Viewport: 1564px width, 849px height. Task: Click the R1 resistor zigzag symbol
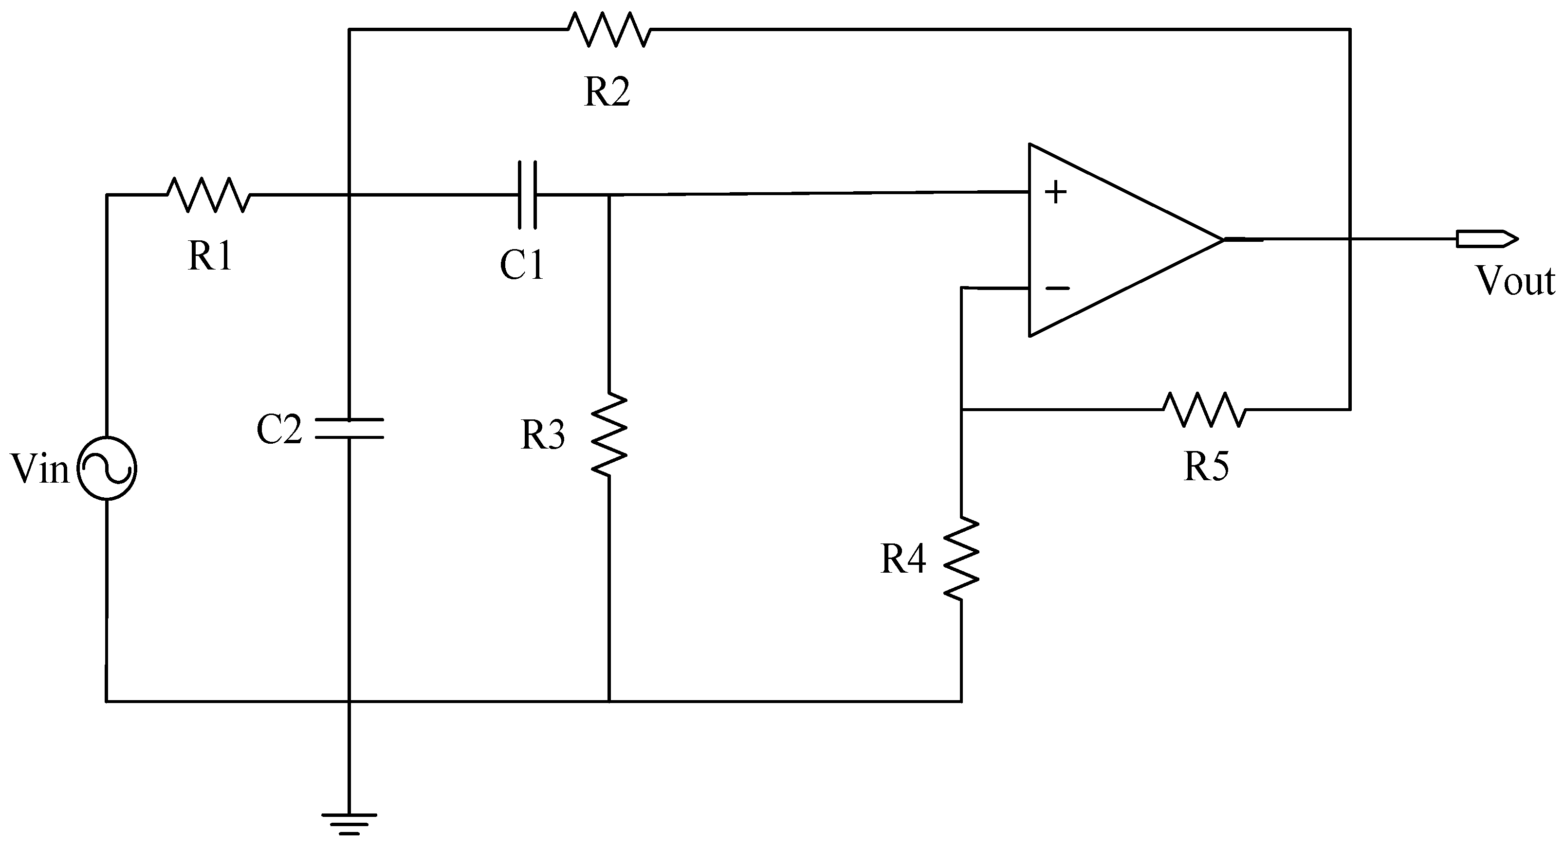(x=208, y=195)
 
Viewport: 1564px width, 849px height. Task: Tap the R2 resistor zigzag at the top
(x=608, y=29)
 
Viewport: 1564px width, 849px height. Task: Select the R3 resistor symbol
(x=609, y=434)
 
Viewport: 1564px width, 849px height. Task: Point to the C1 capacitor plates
(x=527, y=195)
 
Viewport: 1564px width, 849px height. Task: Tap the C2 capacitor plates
(x=349, y=428)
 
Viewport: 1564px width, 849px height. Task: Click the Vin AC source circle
(x=108, y=469)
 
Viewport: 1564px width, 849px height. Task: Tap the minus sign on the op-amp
(x=1057, y=288)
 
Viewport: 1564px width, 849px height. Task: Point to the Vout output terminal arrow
(x=1486, y=238)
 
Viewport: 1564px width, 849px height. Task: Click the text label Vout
(x=1514, y=282)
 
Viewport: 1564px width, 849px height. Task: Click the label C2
(x=279, y=430)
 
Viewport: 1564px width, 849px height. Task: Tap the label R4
(x=903, y=559)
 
